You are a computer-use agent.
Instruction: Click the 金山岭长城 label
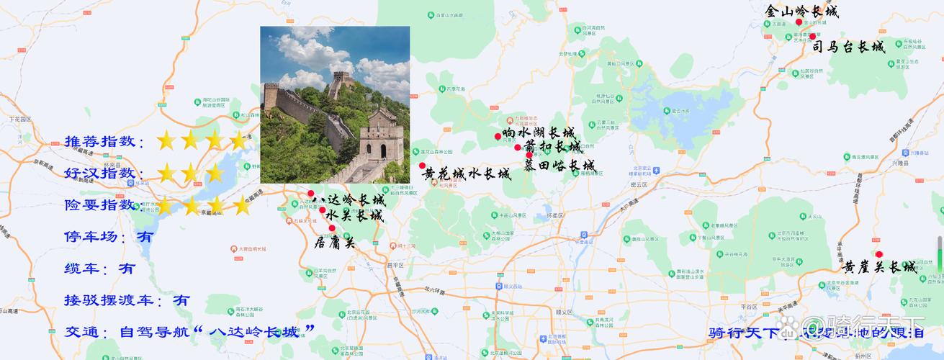(x=801, y=12)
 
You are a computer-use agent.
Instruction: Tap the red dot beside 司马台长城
(x=813, y=37)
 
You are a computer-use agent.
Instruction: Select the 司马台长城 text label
(x=848, y=48)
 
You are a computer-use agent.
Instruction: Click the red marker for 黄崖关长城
(x=879, y=254)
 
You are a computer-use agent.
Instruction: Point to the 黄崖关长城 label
(x=881, y=267)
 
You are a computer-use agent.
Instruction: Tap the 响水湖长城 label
(x=539, y=133)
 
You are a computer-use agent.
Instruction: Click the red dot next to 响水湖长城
(x=498, y=136)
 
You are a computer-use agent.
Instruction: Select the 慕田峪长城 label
(x=559, y=166)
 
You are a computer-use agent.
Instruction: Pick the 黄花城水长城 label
(x=467, y=174)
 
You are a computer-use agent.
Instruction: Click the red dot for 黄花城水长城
(x=423, y=166)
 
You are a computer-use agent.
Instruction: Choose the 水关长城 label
(x=354, y=215)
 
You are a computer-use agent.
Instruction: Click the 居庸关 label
(x=335, y=243)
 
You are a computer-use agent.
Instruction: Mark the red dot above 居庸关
(x=332, y=228)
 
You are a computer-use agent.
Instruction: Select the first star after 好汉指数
(x=166, y=173)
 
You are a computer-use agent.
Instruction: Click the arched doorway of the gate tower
(x=382, y=150)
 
